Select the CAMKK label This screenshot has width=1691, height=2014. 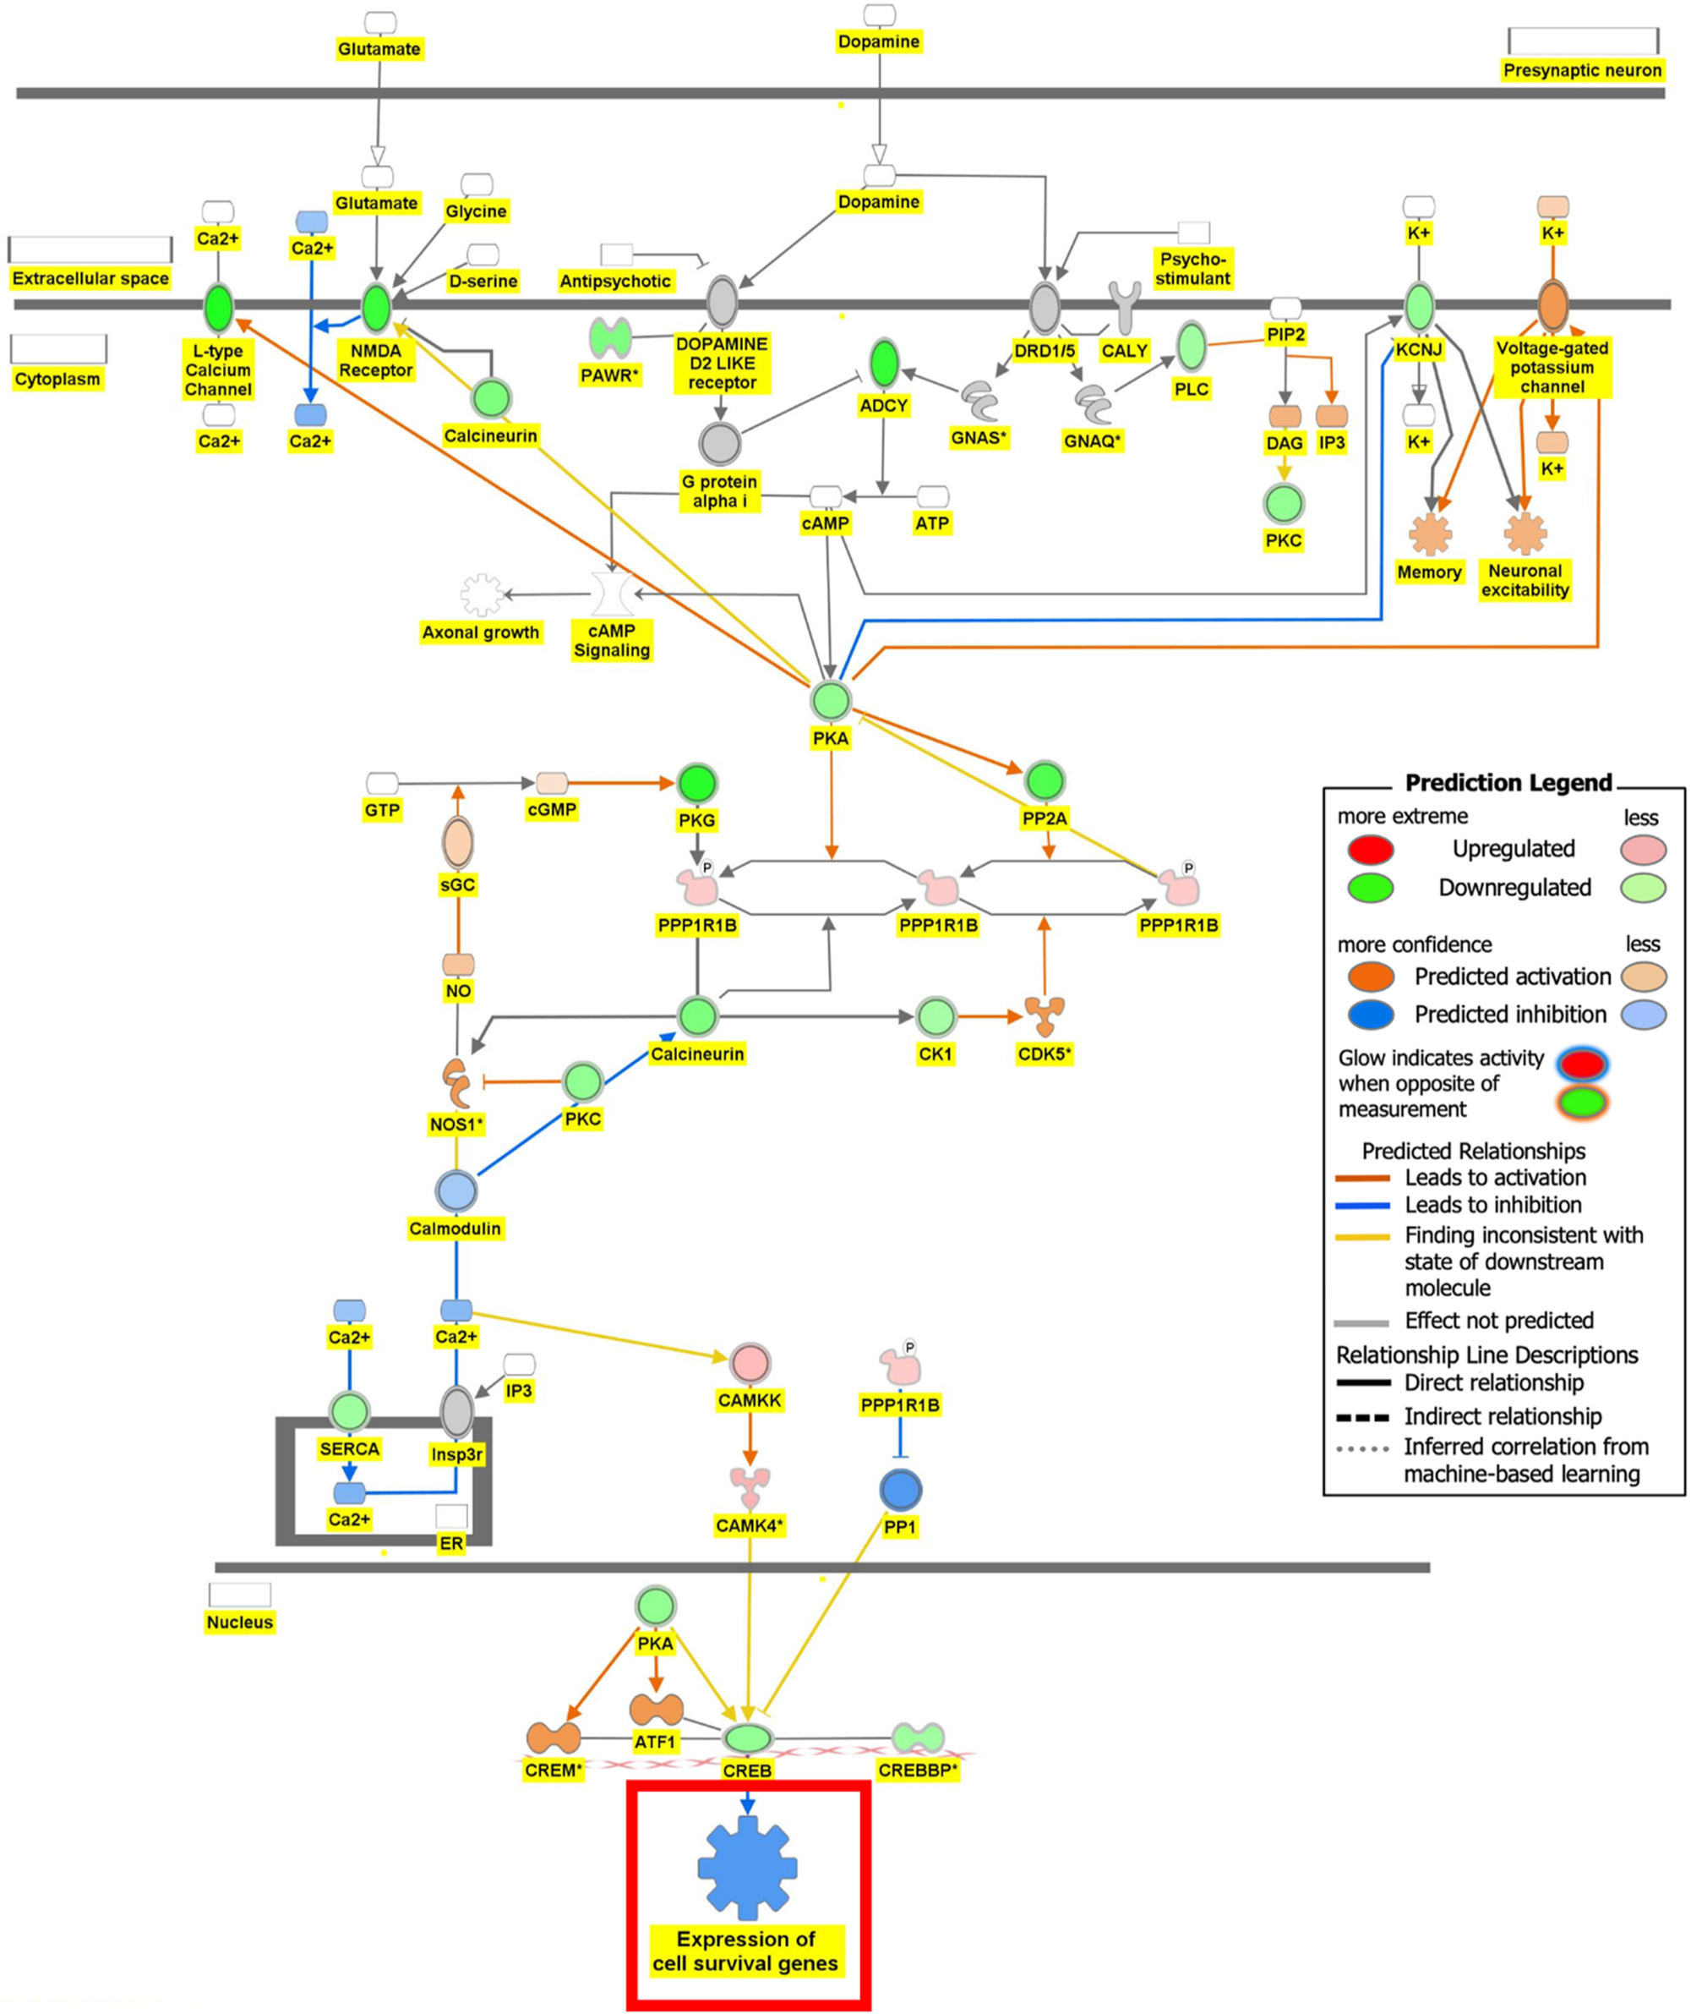pos(750,1400)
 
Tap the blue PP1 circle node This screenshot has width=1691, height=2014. pos(900,1491)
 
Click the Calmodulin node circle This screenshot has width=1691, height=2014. pos(455,1192)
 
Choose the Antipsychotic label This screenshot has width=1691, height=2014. pos(615,281)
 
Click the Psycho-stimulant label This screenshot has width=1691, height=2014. pos(1192,269)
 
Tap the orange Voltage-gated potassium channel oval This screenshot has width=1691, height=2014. pos(1552,306)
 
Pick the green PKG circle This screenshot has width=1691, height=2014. pos(697,784)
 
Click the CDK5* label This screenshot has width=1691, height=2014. pos(1044,1054)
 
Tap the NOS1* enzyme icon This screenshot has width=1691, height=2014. pos(456,1084)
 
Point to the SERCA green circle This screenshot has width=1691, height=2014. pos(349,1412)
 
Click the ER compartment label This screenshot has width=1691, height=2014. pos(451,1543)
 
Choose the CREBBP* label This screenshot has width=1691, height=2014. pos(918,1770)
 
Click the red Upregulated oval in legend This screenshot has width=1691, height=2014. pos(1370,850)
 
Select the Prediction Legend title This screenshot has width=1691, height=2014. pos(1508,783)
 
